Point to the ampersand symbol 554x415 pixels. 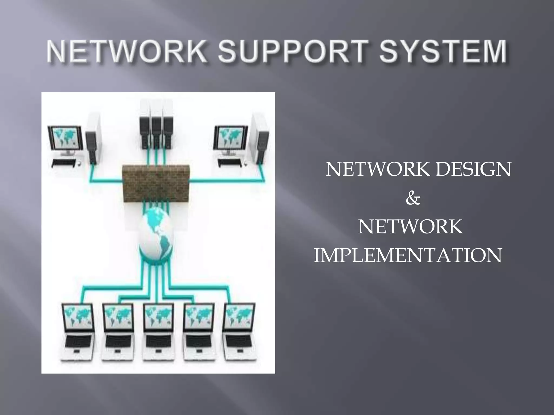413,199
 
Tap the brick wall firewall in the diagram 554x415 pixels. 156,183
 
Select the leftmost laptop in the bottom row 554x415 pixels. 78,334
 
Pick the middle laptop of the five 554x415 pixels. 158,334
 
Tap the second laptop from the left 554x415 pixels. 118,334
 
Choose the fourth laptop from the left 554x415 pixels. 199,334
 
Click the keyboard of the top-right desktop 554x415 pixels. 230,162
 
